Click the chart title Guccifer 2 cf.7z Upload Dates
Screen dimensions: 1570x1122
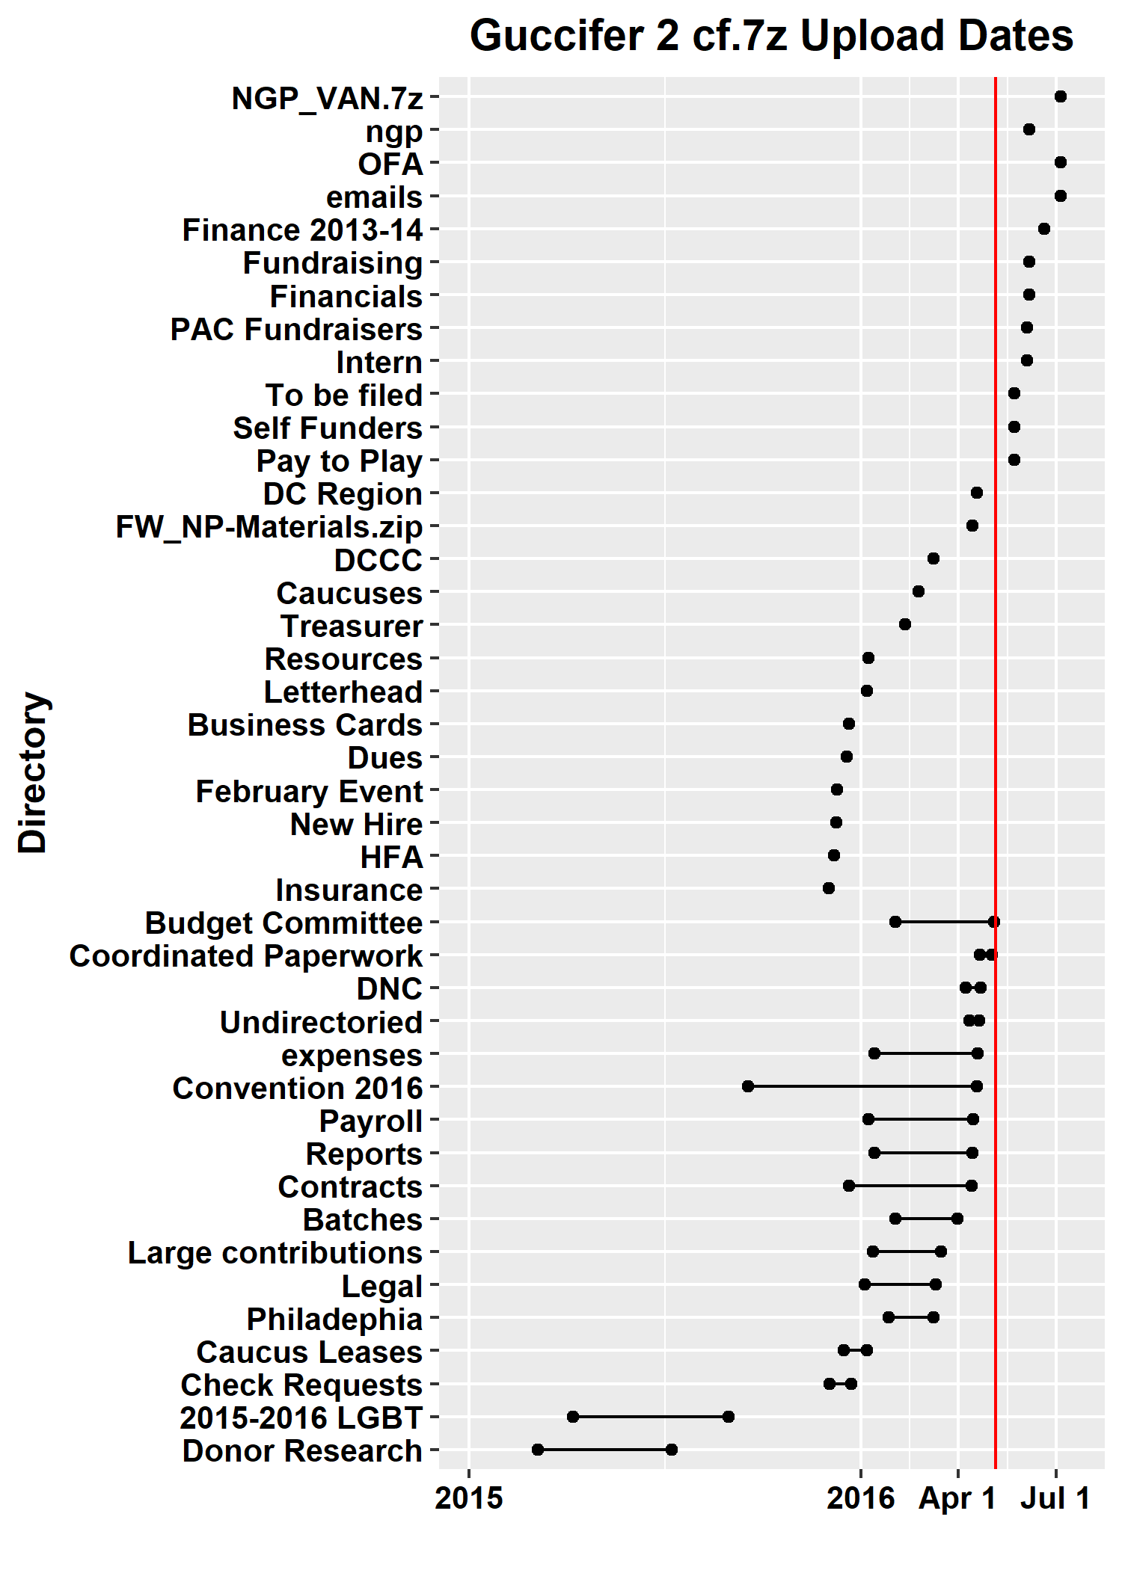[771, 36]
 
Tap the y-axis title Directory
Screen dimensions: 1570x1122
[33, 772]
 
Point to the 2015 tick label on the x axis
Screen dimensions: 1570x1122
[469, 1498]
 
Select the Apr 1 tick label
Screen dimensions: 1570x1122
[957, 1498]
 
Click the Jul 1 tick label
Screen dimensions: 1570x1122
[1055, 1498]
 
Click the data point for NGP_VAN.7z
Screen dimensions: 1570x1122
[1060, 96]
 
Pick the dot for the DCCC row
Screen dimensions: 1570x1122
[933, 558]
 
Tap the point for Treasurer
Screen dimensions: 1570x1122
[904, 624]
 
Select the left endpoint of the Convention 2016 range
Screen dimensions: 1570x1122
[748, 1086]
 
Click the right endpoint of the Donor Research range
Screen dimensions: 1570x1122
[672, 1450]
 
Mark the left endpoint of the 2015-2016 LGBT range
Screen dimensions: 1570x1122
[573, 1417]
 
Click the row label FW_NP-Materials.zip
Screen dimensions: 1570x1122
[269, 527]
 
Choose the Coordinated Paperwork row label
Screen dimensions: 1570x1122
[246, 956]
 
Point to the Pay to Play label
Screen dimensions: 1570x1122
[340, 461]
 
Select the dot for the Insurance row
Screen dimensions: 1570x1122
[828, 888]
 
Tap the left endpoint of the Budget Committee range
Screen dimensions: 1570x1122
[895, 921]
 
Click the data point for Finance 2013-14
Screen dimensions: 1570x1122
[1043, 229]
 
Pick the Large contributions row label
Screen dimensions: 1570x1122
[275, 1253]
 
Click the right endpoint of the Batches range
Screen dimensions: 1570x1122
[957, 1219]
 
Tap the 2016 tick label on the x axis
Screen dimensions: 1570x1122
[860, 1498]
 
